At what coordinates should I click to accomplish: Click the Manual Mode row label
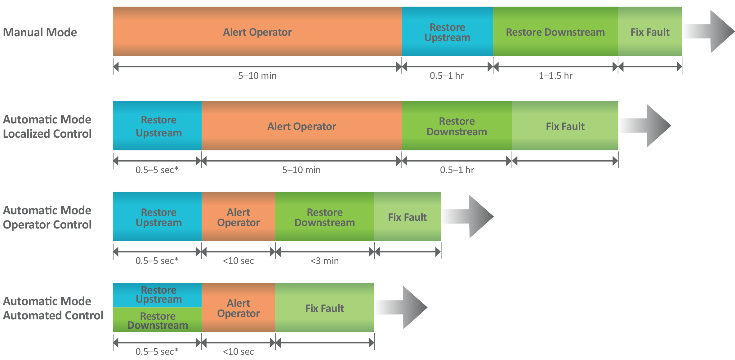click(40, 32)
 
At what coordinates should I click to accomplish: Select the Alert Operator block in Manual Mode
click(257, 32)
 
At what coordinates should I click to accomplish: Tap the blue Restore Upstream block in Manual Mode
click(447, 32)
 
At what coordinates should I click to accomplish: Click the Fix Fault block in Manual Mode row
click(650, 32)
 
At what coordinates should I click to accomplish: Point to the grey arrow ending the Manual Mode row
click(710, 31)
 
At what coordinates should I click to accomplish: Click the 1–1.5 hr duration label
click(555, 76)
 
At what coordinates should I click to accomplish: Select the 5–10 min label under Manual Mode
click(257, 76)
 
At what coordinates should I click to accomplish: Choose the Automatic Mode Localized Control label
click(47, 127)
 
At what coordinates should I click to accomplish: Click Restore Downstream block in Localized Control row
click(457, 126)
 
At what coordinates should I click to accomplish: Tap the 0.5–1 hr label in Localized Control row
click(457, 170)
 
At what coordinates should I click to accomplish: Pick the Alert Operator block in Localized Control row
click(301, 126)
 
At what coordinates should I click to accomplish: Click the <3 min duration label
click(325, 261)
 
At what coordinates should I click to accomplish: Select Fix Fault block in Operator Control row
click(407, 217)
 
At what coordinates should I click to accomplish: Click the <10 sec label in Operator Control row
click(238, 261)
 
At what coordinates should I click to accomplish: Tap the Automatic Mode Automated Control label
click(53, 308)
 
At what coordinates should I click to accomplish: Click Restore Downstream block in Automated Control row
click(158, 320)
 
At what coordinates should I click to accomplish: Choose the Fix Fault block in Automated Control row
click(324, 308)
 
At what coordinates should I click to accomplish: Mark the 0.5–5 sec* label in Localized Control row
click(157, 170)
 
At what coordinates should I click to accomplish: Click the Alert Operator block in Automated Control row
click(238, 308)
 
